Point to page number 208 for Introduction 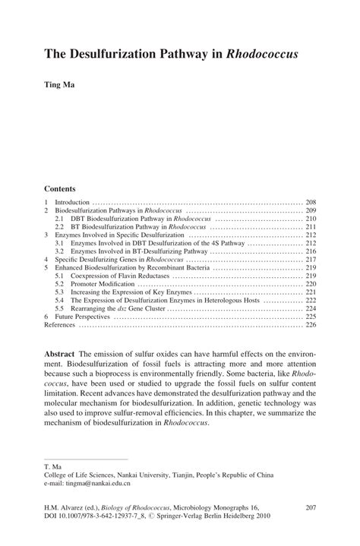pos(311,204)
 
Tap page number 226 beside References pos(311,325)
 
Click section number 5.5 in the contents pos(59,308)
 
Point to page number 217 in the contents pos(311,260)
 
